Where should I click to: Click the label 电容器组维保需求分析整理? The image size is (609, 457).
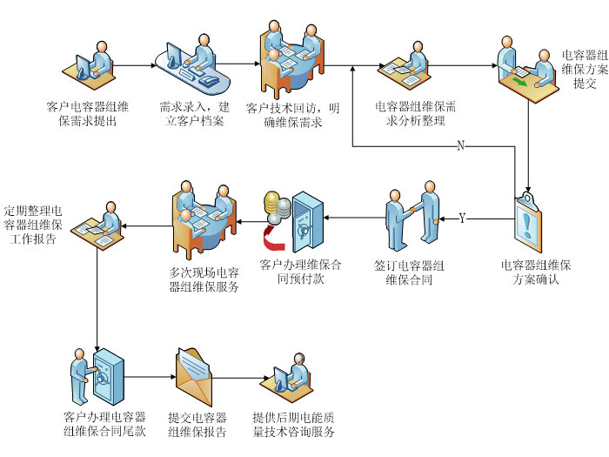(x=416, y=114)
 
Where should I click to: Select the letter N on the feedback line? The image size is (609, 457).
(x=461, y=145)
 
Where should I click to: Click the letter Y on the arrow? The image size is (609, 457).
(x=461, y=218)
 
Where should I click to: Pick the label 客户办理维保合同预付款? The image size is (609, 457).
(x=300, y=272)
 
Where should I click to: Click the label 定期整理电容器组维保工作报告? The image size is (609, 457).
(x=33, y=225)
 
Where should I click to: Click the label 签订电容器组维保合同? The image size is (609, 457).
(x=409, y=272)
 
